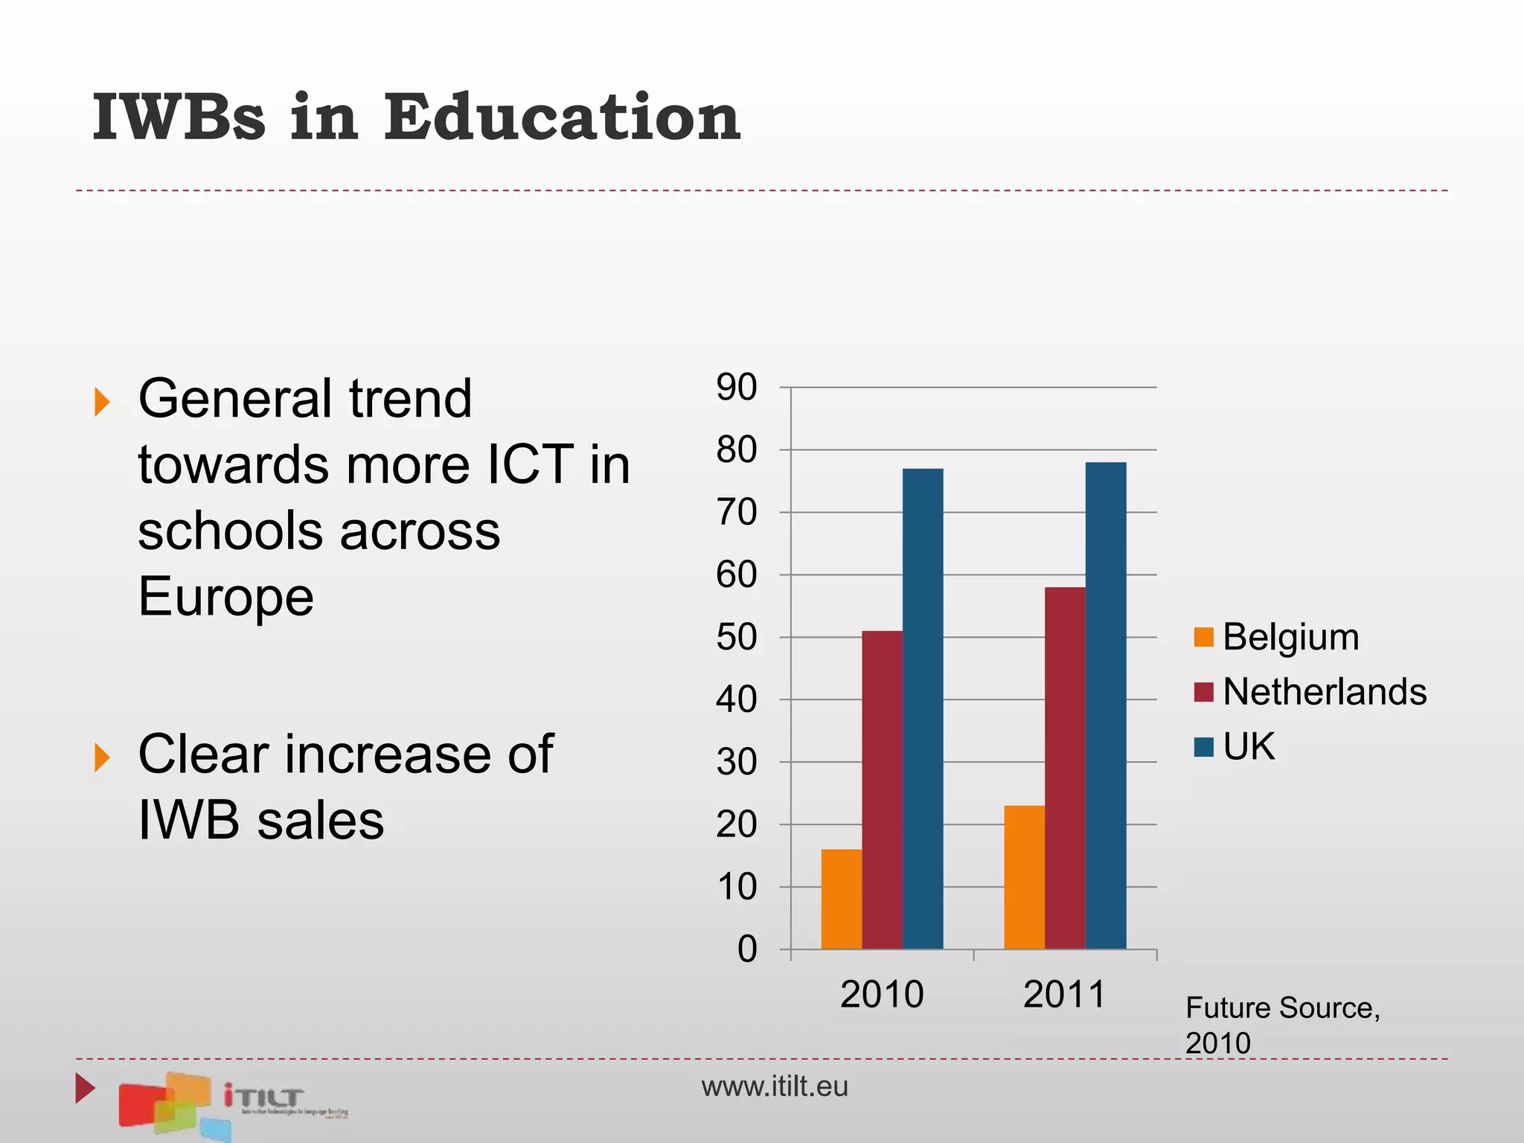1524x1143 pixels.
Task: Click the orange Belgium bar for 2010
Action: pos(841,899)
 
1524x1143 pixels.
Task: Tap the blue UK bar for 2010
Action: pos(923,708)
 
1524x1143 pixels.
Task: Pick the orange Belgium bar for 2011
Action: pos(1024,877)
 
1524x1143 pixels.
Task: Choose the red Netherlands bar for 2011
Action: pos(1065,768)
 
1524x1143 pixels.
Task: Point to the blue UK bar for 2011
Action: pos(1106,705)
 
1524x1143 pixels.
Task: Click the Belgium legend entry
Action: pos(1277,638)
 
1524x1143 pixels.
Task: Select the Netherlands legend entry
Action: pos(1310,692)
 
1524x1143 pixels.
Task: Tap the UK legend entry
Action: pos(1235,746)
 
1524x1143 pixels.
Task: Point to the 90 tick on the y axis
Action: pos(737,387)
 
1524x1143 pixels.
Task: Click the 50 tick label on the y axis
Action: pos(737,638)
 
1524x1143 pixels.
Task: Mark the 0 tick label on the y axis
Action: pos(747,950)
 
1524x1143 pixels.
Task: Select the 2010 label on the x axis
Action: pos(882,994)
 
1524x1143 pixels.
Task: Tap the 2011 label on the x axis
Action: pos(1065,994)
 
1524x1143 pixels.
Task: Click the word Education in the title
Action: pos(562,117)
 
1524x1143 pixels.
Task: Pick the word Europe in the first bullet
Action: pos(226,597)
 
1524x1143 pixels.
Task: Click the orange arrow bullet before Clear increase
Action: pos(102,758)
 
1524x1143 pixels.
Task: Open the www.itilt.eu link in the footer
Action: pos(774,1086)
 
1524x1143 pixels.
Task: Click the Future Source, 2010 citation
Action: pos(1281,1025)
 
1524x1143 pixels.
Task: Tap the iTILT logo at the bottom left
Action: pos(231,1104)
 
